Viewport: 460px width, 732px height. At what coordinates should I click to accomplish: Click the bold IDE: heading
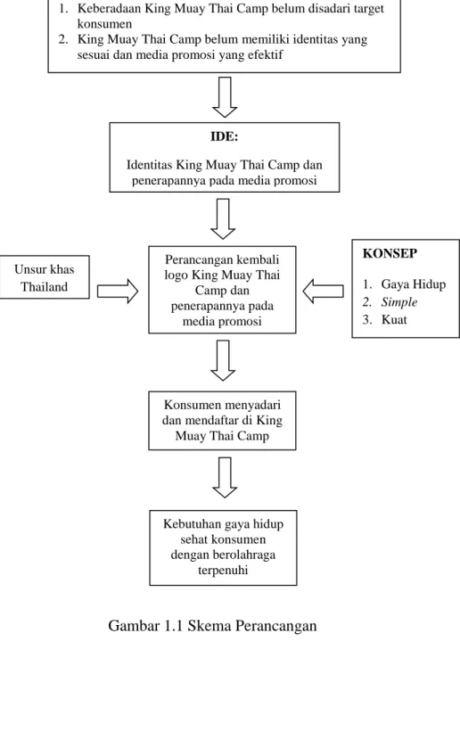[224, 136]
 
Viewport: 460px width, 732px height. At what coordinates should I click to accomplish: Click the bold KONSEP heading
[390, 253]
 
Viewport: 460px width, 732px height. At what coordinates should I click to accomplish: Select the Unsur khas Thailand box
[45, 277]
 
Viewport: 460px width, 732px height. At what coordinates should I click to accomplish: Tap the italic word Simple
[398, 302]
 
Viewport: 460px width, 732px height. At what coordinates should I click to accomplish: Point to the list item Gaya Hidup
[414, 284]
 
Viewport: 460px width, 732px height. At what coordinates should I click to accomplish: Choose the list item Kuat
[394, 320]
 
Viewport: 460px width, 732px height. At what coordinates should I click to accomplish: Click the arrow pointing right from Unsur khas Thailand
[118, 292]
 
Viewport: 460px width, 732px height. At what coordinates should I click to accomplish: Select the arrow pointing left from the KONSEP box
[324, 292]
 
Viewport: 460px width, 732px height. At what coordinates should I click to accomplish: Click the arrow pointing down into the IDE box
[225, 97]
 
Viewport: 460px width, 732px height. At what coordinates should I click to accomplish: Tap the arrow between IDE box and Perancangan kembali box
[223, 219]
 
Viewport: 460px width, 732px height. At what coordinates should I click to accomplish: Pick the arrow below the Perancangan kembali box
[223, 360]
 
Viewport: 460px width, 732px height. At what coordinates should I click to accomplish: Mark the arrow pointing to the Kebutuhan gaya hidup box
[225, 478]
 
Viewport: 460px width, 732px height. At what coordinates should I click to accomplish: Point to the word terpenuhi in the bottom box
[223, 571]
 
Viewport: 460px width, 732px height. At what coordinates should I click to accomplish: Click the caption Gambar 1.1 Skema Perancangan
[212, 626]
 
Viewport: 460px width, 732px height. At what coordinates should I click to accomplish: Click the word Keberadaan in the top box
[110, 8]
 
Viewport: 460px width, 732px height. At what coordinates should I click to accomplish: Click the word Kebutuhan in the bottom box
[191, 524]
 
